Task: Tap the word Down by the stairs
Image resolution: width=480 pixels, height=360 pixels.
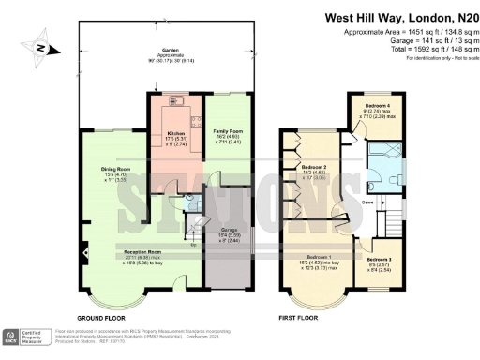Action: [x=368, y=202]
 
